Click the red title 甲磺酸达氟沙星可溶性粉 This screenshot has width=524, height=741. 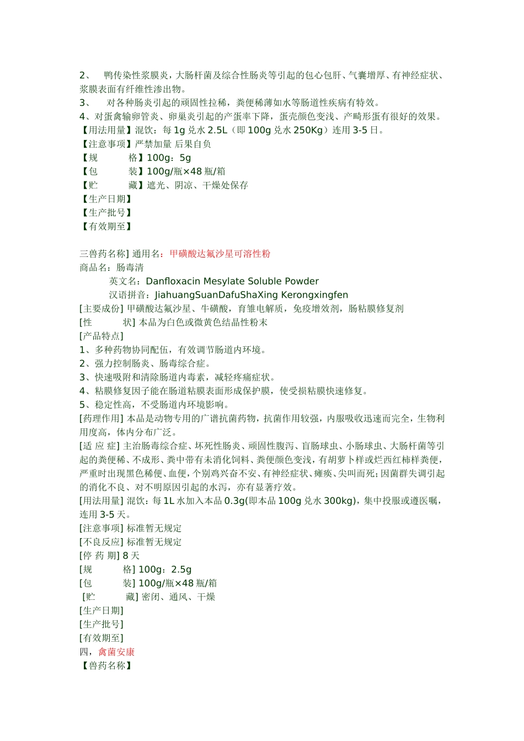[220, 254]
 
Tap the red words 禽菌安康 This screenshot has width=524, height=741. [116, 652]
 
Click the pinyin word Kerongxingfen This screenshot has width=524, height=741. [314, 295]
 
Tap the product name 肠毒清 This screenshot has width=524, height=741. [130, 268]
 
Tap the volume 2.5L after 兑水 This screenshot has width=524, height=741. [217, 131]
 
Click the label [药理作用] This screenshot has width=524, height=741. [102, 418]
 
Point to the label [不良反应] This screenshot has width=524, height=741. [102, 542]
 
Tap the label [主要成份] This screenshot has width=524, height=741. [102, 309]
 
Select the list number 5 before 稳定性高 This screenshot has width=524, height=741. [83, 405]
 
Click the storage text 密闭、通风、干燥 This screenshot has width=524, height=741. [178, 597]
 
